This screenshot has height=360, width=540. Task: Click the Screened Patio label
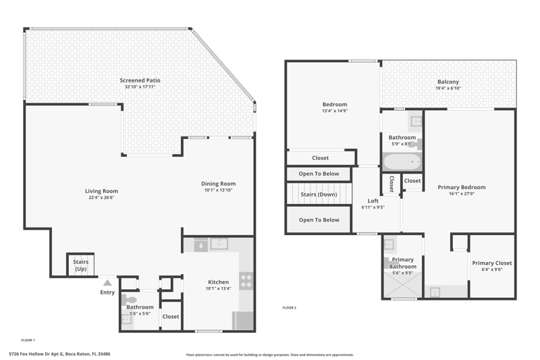pos(140,80)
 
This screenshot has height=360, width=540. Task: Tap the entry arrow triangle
pos(107,283)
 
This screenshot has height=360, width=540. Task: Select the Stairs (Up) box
pos(80,265)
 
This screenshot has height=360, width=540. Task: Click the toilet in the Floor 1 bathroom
pos(129,299)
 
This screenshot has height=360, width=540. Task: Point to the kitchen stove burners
pos(246,281)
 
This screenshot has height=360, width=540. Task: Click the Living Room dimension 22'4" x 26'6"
pos(101,197)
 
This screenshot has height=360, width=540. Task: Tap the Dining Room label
pos(218,184)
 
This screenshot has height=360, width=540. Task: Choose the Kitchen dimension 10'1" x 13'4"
pos(218,288)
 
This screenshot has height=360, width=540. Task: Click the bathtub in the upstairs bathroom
pos(402,161)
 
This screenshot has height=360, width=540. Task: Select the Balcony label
pos(448,82)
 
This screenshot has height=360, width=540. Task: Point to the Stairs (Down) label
pos(319,195)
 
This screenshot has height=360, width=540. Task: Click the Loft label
pos(373,201)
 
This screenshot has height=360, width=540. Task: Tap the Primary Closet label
pos(492,263)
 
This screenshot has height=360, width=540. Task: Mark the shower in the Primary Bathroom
pos(402,284)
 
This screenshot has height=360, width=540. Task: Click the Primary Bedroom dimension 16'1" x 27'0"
pos(462,194)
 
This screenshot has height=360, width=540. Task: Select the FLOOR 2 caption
pos(290,307)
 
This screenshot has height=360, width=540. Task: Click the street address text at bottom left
pos(59,354)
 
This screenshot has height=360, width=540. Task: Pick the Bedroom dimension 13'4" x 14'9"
pos(335,111)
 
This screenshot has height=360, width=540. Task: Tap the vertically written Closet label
pos(391,184)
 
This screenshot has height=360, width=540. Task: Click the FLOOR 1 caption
pos(28,340)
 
